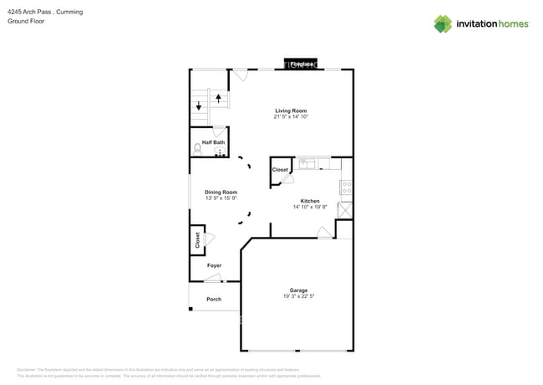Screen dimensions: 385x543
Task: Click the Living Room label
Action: pyautogui.click(x=291, y=110)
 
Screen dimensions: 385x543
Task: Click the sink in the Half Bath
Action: pyautogui.click(x=221, y=153)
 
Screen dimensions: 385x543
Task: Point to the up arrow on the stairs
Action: pyautogui.click(x=219, y=98)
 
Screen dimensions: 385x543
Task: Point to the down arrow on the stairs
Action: pyautogui.click(x=199, y=105)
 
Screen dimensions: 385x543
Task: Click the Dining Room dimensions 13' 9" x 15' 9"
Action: pyautogui.click(x=221, y=198)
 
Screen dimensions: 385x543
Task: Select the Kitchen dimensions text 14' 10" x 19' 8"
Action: pyautogui.click(x=310, y=207)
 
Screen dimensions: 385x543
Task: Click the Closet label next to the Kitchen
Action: pyautogui.click(x=280, y=170)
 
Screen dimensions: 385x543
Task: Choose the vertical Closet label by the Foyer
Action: pyautogui.click(x=197, y=240)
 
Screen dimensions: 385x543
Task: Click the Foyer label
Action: pyautogui.click(x=215, y=265)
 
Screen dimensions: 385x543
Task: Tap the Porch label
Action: pyautogui.click(x=214, y=299)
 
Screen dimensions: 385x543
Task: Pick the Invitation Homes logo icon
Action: pyautogui.click(x=443, y=23)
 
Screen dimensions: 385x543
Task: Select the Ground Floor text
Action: pyautogui.click(x=26, y=22)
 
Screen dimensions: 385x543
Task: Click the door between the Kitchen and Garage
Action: pyautogui.click(x=323, y=234)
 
